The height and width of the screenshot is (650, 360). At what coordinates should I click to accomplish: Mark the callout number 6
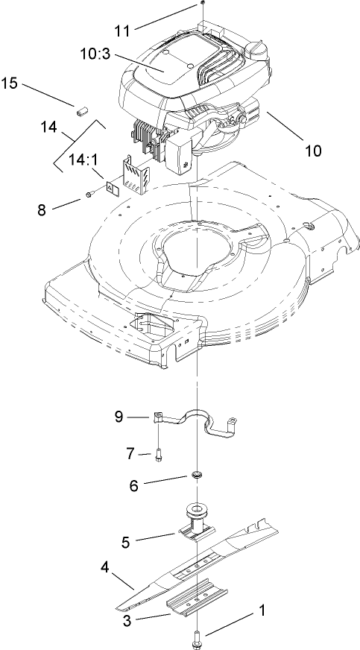pyautogui.click(x=135, y=485)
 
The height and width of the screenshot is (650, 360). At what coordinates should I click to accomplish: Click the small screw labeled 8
pyautogui.click(x=89, y=194)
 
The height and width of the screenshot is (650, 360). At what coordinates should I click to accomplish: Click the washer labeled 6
pyautogui.click(x=197, y=475)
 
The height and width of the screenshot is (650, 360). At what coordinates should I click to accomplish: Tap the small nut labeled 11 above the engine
pyautogui.click(x=203, y=4)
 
